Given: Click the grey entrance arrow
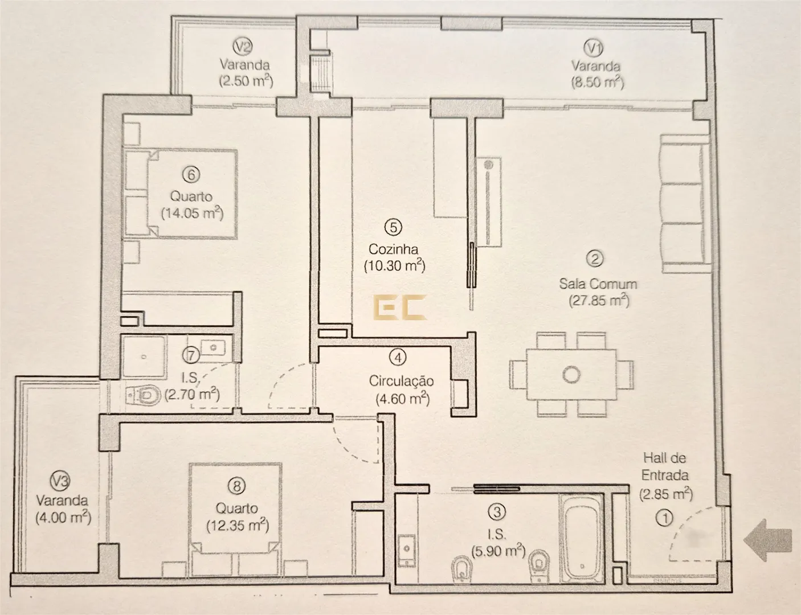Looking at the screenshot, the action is point(767,540).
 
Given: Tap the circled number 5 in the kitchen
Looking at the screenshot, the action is point(393,228).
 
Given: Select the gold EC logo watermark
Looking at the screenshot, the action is point(400,307).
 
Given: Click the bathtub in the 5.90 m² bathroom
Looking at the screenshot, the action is point(581,539).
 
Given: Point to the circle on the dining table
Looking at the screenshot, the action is point(571,375).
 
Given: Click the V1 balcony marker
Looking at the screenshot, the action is point(594,48).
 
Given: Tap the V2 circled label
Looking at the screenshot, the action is point(243,47).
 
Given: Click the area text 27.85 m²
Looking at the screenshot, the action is point(599,301).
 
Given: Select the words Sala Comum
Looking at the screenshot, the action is point(598,284).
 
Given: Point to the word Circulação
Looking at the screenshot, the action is point(401,382).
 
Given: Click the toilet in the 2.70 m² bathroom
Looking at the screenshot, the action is point(144,396).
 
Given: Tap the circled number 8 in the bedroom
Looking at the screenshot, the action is point(236,486).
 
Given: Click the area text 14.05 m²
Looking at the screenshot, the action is point(192,213).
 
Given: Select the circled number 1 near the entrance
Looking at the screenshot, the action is point(665,518).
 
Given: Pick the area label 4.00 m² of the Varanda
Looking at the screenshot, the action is point(63,518).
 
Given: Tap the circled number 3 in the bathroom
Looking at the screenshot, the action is point(497,512).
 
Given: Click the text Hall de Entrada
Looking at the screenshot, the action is point(665,466).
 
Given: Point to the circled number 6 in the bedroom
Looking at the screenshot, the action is point(191,175).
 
